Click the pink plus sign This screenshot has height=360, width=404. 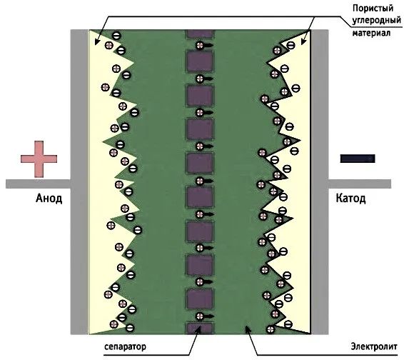[x=39, y=159]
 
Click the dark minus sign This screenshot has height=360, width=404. [x=358, y=159]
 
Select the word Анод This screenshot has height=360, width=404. [x=49, y=199]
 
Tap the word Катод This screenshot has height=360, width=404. [x=351, y=199]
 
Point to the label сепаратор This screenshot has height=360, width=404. [x=125, y=346]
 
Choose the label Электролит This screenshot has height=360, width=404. [x=374, y=346]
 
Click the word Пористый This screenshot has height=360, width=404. [x=373, y=9]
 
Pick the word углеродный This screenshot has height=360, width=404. [x=377, y=21]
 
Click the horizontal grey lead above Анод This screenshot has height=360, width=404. [x=38, y=184]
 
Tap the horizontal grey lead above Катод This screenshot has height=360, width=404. [x=360, y=184]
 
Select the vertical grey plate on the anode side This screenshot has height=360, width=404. [x=80, y=182]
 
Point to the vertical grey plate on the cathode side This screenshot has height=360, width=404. [x=320, y=182]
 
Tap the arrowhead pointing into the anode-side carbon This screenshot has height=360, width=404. [x=97, y=41]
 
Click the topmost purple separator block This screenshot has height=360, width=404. [x=200, y=34]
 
